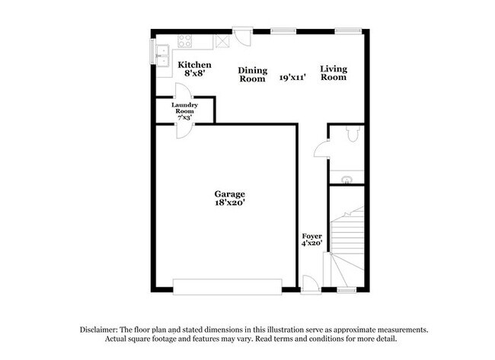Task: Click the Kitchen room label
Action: (194, 65)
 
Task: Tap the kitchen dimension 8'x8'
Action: (194, 75)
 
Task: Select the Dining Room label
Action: (252, 74)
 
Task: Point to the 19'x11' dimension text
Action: (292, 78)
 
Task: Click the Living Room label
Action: (334, 74)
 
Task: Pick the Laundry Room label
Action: (185, 109)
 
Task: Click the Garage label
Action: (229, 194)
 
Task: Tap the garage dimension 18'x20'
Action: (229, 203)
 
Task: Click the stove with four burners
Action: (185, 41)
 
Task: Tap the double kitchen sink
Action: (162, 54)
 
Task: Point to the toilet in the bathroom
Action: (352, 135)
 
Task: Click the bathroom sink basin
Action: (346, 180)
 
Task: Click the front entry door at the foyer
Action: (310, 285)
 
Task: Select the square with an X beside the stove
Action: (222, 41)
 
